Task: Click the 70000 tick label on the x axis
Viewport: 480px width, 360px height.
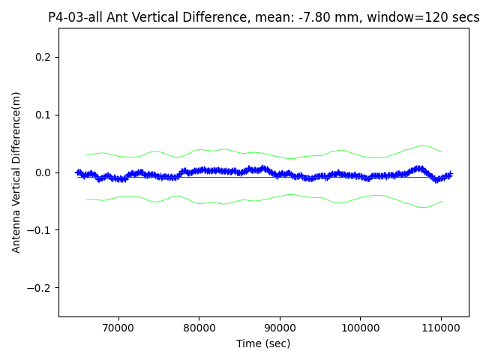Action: pos(118,328)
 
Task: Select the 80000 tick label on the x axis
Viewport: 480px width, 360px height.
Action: pos(199,328)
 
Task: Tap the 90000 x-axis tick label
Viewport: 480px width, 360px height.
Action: pos(280,328)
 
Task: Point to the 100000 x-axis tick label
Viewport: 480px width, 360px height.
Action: pos(360,328)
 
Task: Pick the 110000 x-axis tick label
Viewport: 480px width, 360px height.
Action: pos(441,328)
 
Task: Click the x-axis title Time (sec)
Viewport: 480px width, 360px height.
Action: pos(264,343)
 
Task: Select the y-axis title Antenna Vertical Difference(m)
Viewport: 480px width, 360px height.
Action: pos(16,172)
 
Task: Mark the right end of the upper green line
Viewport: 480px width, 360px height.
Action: pos(442,152)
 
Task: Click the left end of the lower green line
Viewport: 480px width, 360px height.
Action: pos(87,199)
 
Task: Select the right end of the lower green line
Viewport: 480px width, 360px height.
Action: pos(442,201)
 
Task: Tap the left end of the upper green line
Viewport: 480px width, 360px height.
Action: pos(87,154)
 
